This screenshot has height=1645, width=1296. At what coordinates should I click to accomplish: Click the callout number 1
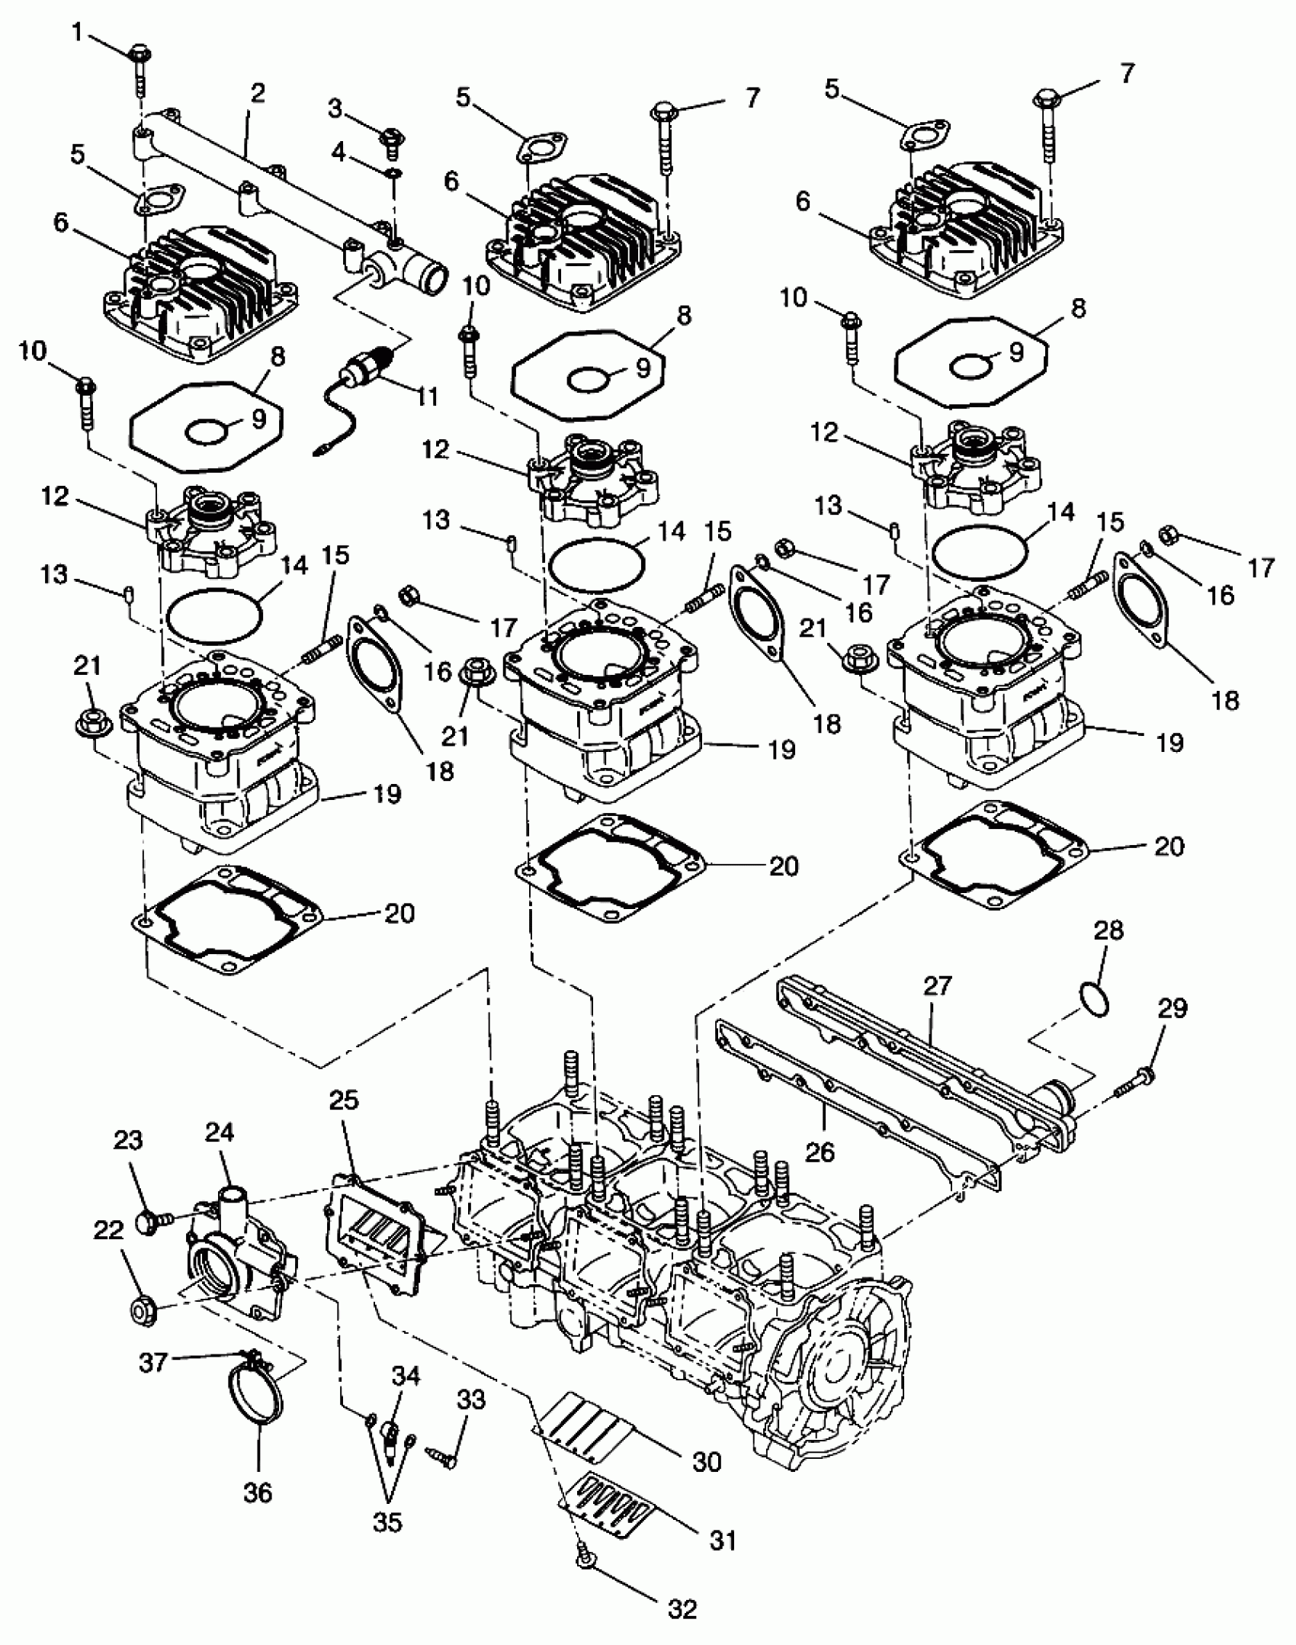click(76, 32)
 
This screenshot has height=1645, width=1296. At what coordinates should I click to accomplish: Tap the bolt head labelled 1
click(141, 54)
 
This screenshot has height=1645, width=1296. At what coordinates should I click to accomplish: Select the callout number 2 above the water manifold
click(258, 93)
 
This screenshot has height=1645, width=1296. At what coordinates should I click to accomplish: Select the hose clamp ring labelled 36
click(257, 1395)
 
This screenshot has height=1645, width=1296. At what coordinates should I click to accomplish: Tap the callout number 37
click(153, 1362)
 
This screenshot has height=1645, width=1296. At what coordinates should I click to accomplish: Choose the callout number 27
click(938, 985)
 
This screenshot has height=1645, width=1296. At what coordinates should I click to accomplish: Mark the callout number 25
click(344, 1100)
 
